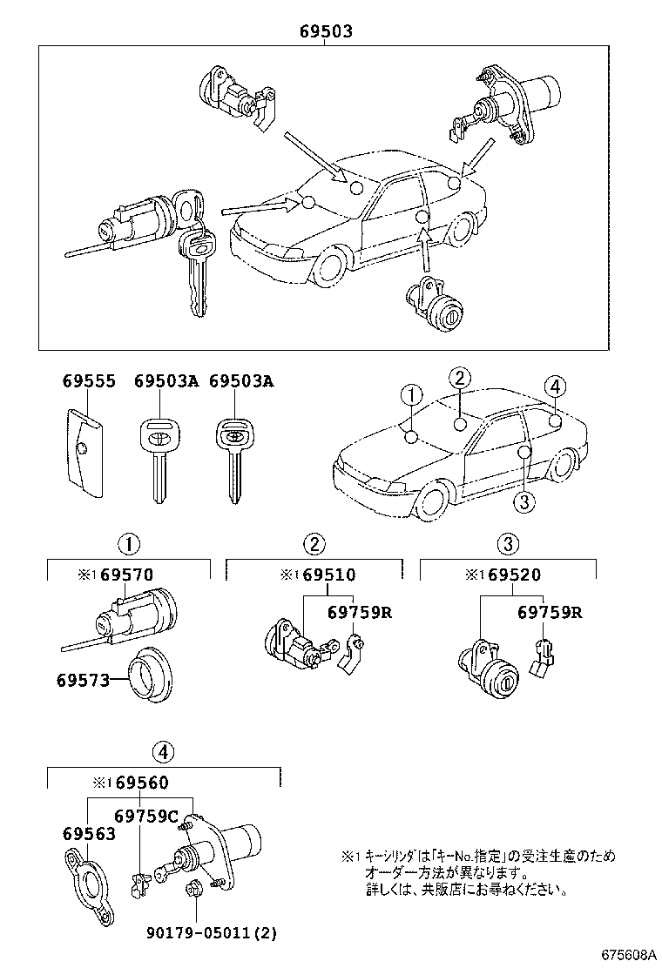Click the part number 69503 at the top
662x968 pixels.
click(x=326, y=32)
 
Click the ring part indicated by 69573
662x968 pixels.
click(x=152, y=677)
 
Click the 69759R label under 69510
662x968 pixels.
click(x=360, y=612)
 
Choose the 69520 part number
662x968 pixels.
click(x=514, y=575)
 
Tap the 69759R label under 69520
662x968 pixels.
click(x=550, y=612)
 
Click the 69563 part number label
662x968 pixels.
click(x=89, y=833)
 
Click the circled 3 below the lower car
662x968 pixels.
click(x=523, y=501)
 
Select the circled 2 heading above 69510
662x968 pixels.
click(x=314, y=545)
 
